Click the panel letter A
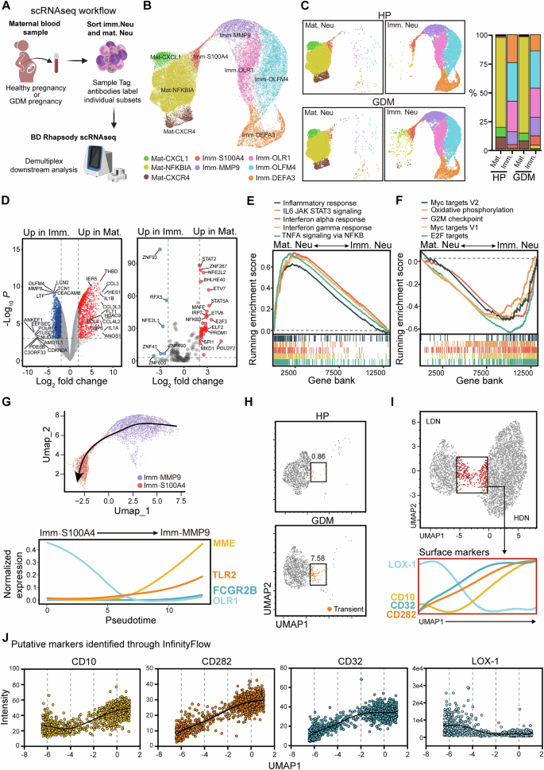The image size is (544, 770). tap(7, 7)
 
